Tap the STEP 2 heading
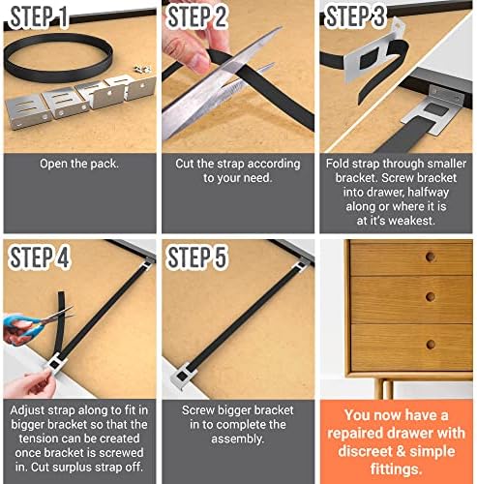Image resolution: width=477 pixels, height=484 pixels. point(197,16)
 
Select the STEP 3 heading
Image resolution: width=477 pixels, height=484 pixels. point(356,16)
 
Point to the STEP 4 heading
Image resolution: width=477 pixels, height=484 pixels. point(40,257)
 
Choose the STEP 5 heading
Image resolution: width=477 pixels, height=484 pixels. point(197,257)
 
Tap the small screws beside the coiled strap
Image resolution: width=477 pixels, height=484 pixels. point(143,69)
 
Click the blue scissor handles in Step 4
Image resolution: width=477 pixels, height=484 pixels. point(22,326)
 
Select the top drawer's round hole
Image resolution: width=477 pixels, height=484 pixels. point(431,257)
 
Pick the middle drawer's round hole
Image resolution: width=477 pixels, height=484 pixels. point(431,296)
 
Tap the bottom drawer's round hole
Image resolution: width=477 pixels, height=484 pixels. point(431,344)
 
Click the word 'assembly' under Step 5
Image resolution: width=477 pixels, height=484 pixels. point(236,439)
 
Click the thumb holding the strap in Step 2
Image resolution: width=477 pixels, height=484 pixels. point(194,60)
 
